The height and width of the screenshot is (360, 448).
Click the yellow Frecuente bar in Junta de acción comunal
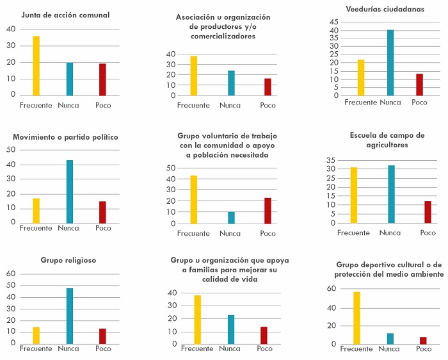click(x=36, y=66)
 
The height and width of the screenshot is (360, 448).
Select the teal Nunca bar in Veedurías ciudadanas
click(x=390, y=63)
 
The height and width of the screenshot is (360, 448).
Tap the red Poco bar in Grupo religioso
click(x=102, y=336)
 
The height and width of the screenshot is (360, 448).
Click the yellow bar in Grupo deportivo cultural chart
click(x=356, y=318)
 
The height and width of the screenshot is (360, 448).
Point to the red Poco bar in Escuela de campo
click(x=428, y=212)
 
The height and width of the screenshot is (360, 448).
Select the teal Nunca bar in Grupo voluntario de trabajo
click(x=231, y=218)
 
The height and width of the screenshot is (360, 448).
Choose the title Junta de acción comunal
click(x=65, y=15)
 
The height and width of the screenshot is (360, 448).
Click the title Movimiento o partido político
click(x=65, y=137)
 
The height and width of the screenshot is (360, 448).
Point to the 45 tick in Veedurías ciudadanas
click(x=333, y=22)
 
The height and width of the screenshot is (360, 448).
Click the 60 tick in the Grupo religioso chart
click(x=11, y=274)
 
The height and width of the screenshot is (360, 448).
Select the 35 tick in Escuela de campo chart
click(x=332, y=160)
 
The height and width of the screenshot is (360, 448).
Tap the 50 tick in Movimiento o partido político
click(x=11, y=150)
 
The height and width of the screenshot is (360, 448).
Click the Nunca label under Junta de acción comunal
click(x=68, y=105)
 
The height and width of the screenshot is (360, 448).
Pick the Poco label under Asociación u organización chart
click(x=268, y=105)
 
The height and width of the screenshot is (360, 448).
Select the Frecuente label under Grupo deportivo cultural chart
click(x=356, y=349)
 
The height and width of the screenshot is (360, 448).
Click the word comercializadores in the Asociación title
click(x=223, y=37)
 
